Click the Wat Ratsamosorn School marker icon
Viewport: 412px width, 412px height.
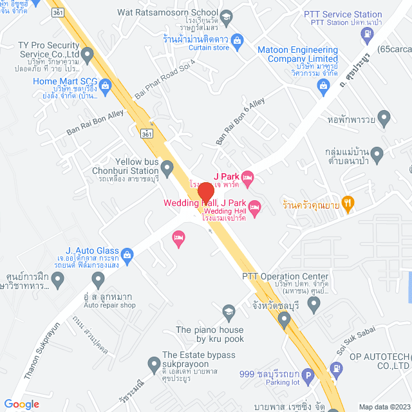(x=226, y=15)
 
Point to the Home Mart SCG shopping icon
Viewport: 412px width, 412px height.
(x=105, y=84)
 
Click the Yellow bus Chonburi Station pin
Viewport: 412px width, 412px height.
(x=167, y=169)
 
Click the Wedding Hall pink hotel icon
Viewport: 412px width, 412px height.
(x=254, y=207)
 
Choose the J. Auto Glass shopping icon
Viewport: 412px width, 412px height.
(x=127, y=254)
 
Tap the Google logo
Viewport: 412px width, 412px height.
(x=21, y=404)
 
